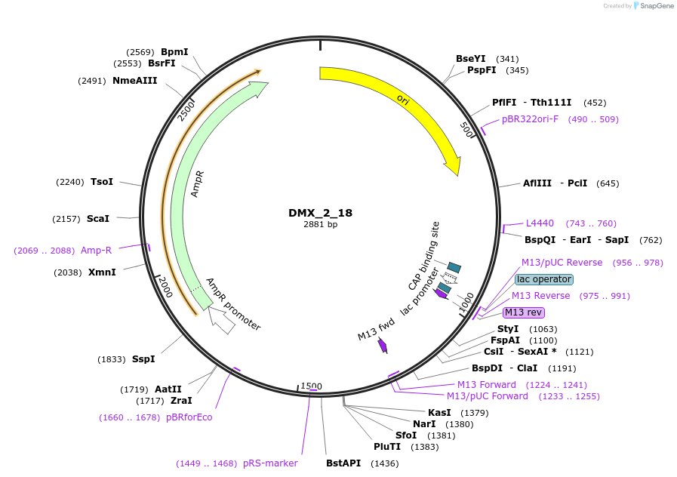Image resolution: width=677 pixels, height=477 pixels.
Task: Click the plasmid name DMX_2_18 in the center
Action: pyautogui.click(x=320, y=213)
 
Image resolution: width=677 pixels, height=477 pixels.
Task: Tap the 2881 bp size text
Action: pyautogui.click(x=320, y=224)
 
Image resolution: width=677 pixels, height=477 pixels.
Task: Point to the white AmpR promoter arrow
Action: pyautogui.click(x=220, y=320)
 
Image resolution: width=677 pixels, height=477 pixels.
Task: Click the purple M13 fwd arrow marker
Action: pyautogui.click(x=383, y=346)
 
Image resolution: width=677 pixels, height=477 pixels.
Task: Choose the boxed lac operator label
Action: pyautogui.click(x=544, y=279)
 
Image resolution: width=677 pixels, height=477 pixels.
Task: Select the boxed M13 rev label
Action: pyautogui.click(x=523, y=312)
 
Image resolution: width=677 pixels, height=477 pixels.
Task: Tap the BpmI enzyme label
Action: pyautogui.click(x=174, y=52)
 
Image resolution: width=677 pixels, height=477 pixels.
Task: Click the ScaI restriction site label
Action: pyautogui.click(x=98, y=219)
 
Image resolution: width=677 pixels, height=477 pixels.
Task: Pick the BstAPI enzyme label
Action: pyautogui.click(x=343, y=463)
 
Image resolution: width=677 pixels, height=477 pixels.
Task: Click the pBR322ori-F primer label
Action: pyautogui.click(x=530, y=119)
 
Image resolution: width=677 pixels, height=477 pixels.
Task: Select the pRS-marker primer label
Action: pyautogui.click(x=270, y=463)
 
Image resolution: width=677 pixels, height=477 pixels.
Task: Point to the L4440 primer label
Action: pyautogui.click(x=540, y=223)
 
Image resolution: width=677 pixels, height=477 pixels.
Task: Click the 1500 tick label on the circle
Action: pyautogui.click(x=311, y=386)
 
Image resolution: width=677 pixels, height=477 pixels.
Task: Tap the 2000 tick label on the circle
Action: pyautogui.click(x=165, y=287)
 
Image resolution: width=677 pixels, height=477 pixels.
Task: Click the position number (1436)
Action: pyautogui.click(x=385, y=463)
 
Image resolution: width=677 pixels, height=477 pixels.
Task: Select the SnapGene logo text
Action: pyautogui.click(x=657, y=5)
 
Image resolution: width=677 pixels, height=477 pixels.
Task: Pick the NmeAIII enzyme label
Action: pyautogui.click(x=134, y=81)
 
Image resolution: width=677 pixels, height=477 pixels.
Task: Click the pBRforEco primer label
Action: pyautogui.click(x=189, y=417)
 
